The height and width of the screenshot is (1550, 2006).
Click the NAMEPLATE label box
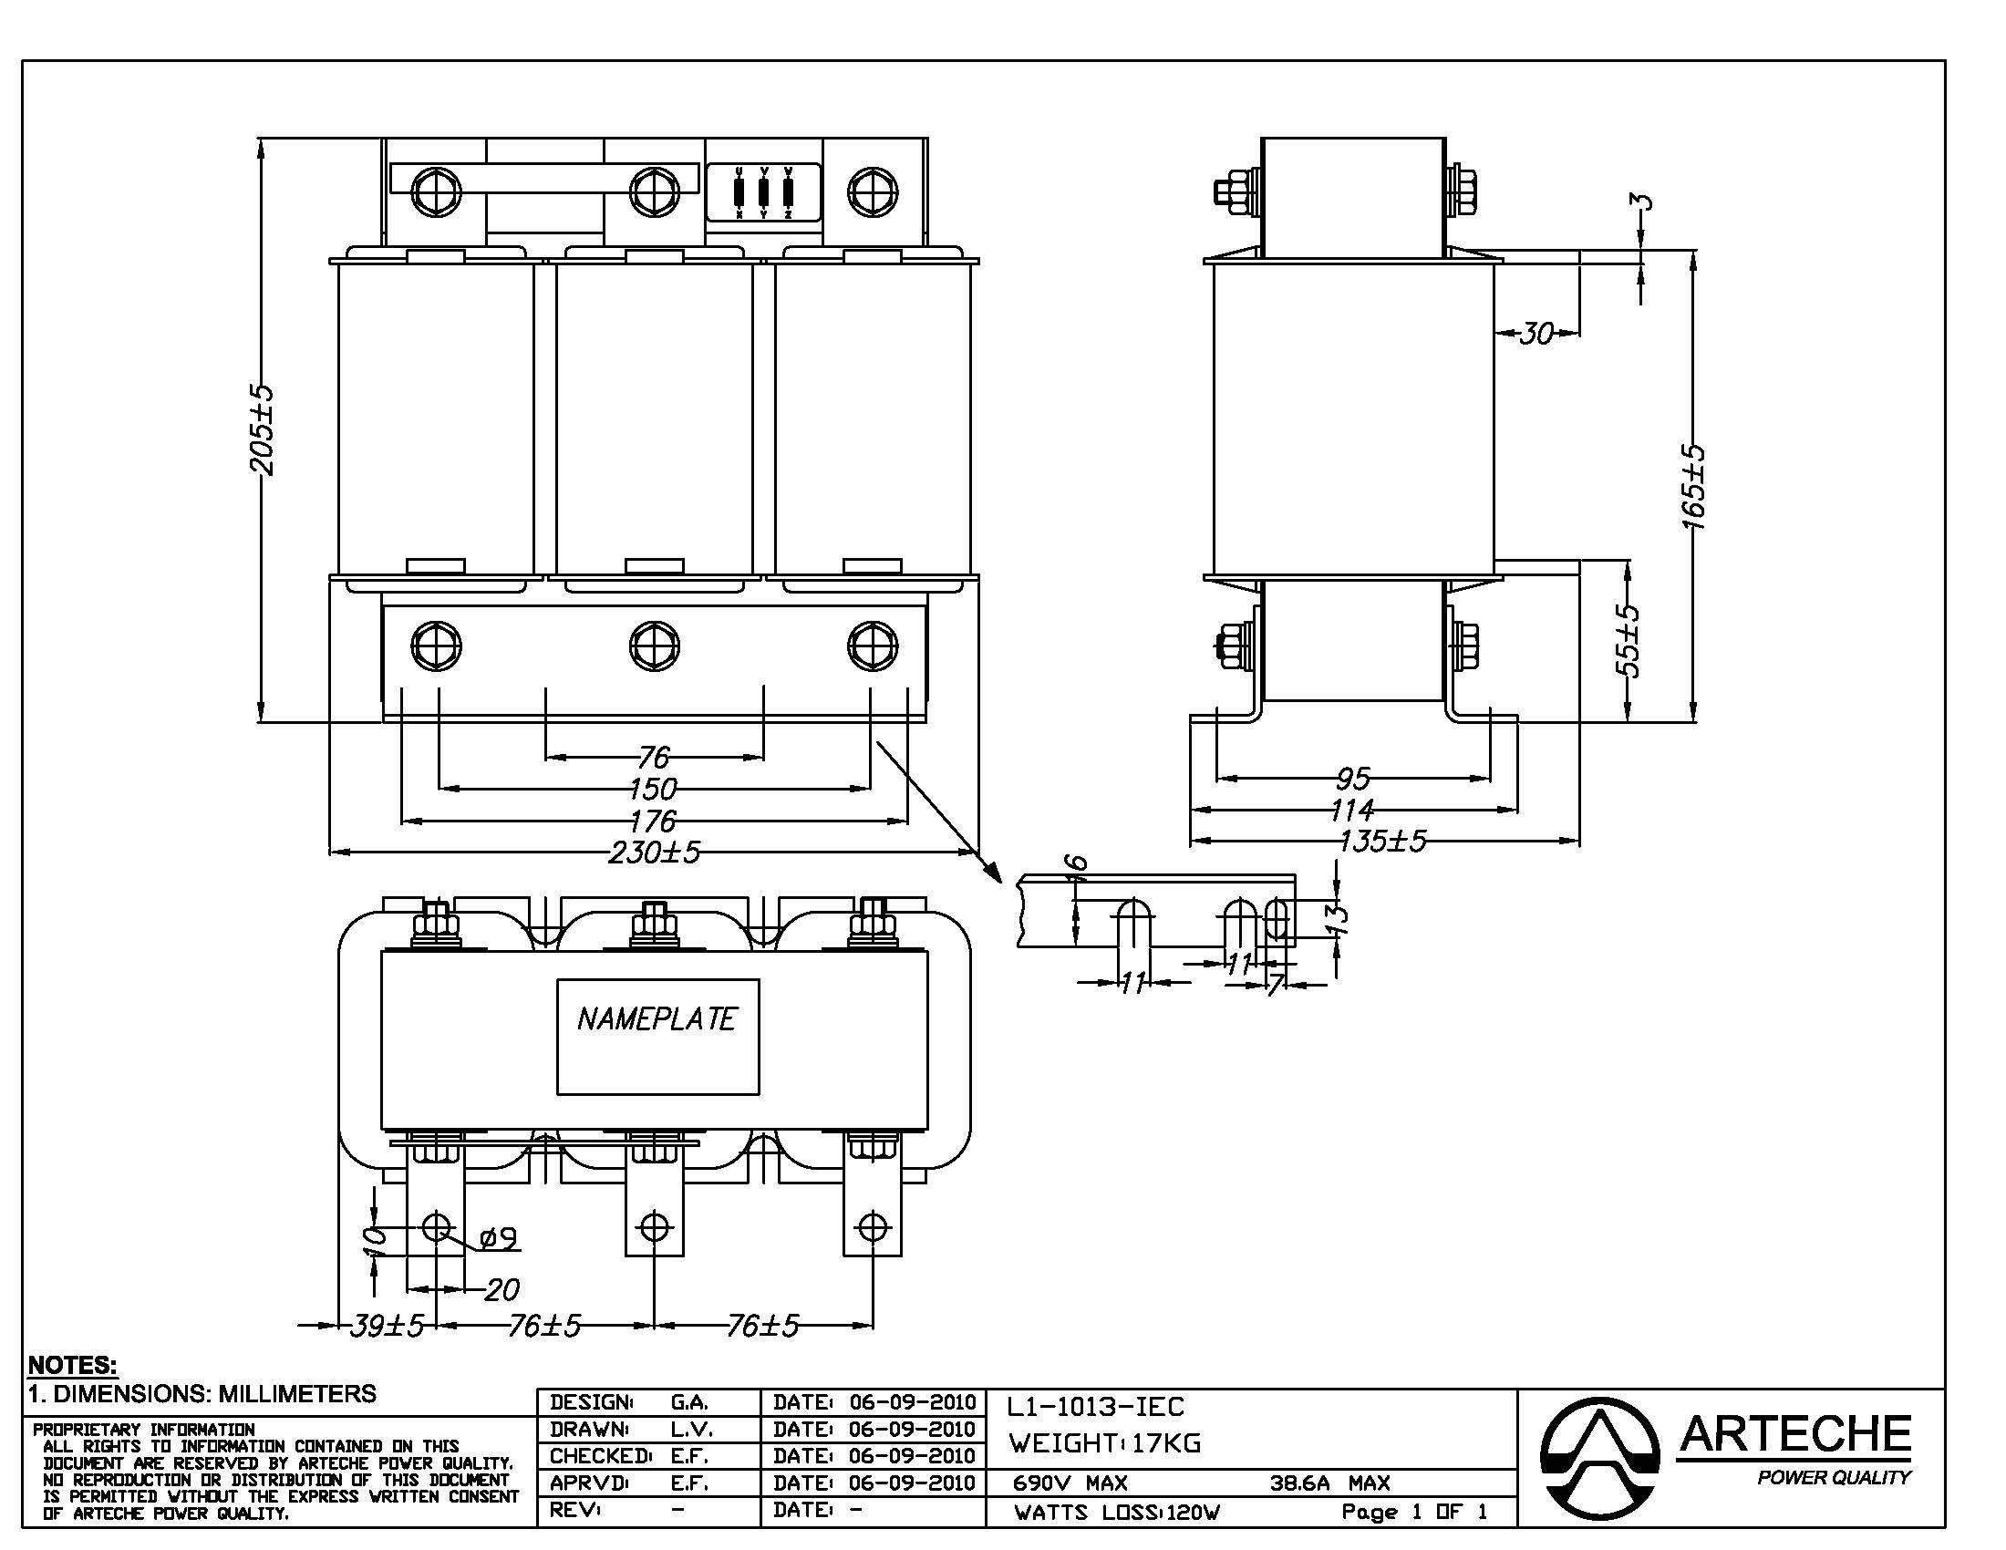coord(657,1037)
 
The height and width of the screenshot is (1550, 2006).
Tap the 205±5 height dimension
coord(263,429)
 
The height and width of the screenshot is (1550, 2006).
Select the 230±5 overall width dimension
coord(654,852)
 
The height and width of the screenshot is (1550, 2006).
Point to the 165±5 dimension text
coord(1693,487)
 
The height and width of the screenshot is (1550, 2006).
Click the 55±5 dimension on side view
coord(1628,640)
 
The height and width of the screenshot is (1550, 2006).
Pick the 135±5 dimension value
coord(1382,842)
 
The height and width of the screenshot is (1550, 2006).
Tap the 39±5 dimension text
coord(387,1326)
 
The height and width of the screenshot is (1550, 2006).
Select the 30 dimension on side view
coord(1536,333)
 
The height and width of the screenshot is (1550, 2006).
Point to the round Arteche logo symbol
coord(1599,1458)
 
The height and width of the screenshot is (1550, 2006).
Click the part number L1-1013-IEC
coord(1096,1407)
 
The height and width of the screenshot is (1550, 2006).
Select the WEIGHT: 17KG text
coord(1104,1443)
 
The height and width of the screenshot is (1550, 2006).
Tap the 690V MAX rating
coord(1070,1483)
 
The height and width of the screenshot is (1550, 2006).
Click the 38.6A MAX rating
coord(1329,1483)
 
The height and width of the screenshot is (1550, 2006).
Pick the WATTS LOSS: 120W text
coord(1117,1513)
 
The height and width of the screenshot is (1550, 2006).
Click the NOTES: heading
coord(73,1365)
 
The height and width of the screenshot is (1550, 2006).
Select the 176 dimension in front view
coord(653,820)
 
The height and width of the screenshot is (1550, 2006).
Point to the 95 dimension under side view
coord(1353,779)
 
